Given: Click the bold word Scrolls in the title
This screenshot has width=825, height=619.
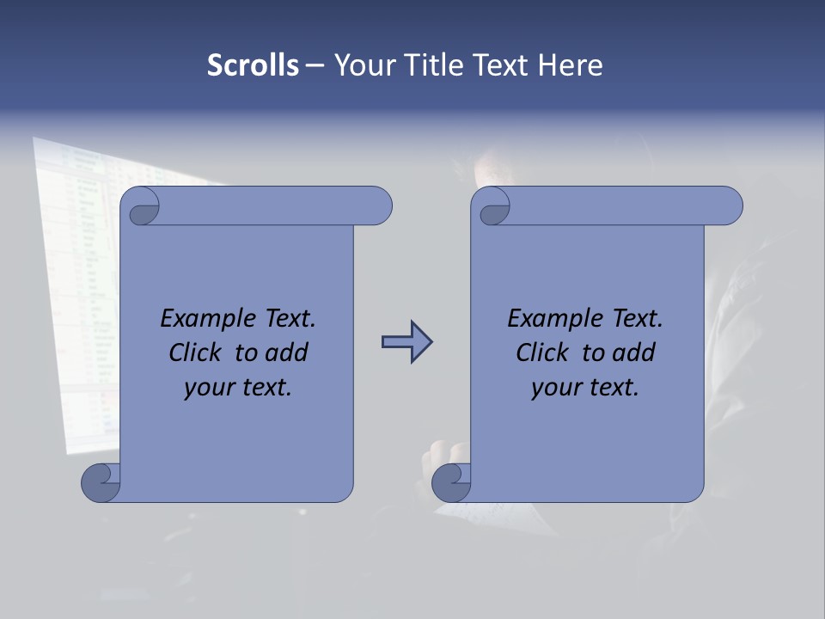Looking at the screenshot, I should tap(253, 64).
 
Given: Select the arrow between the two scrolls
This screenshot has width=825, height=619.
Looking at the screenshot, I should tap(406, 342).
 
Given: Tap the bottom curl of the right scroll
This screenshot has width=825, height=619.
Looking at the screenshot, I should tap(452, 482).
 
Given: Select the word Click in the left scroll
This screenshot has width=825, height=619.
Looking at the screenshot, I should tap(197, 352).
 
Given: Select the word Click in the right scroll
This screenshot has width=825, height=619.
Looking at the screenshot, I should tap(543, 352).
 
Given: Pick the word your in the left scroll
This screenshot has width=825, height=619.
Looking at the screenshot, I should tap(209, 388).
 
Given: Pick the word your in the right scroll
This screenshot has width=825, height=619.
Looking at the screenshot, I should tap(556, 388).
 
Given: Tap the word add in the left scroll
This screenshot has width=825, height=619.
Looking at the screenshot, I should tap(287, 352).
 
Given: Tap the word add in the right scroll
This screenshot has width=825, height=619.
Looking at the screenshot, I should tap(634, 352).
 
